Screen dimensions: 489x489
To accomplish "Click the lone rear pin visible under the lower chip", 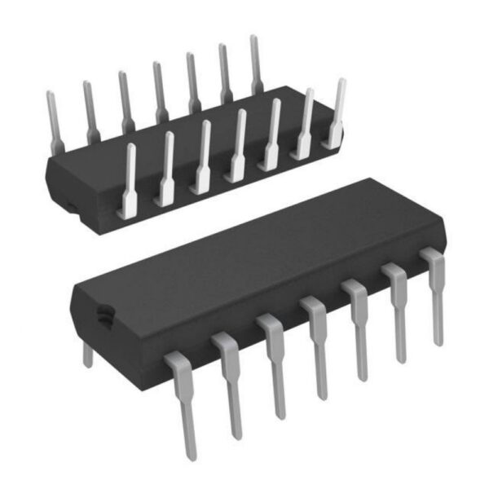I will [88, 354].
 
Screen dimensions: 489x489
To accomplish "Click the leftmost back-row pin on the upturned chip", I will [54, 122].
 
